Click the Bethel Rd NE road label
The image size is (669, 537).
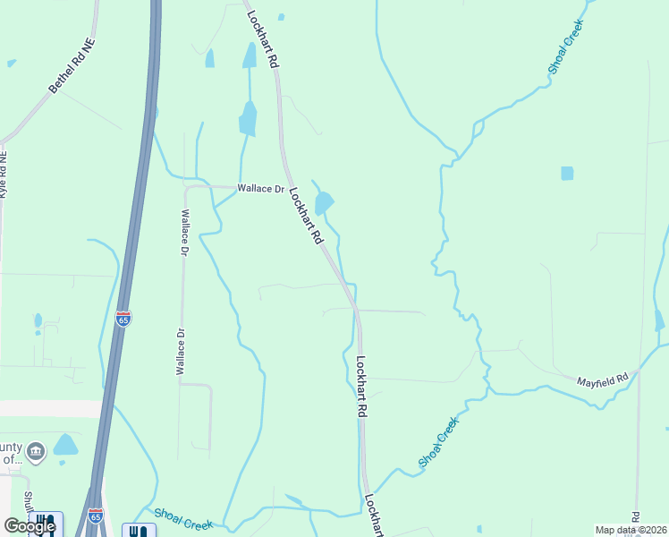pyautogui.click(x=72, y=67)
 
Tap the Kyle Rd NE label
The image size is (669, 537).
pyautogui.click(x=4, y=174)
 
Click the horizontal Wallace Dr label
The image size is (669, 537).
pyautogui.click(x=260, y=189)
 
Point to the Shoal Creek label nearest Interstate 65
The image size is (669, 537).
pyautogui.click(x=182, y=516)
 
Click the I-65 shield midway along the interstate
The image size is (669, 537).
pyautogui.click(x=123, y=319)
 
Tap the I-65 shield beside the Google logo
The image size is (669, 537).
pyautogui.click(x=96, y=516)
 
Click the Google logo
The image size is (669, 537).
pyautogui.click(x=30, y=526)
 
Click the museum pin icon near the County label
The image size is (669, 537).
pyautogui.click(x=36, y=450)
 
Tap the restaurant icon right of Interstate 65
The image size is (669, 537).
pyautogui.click(x=138, y=531)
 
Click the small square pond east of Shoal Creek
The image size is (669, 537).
pyautogui.click(x=567, y=173)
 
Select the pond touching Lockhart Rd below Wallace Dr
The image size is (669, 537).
pyautogui.click(x=323, y=203)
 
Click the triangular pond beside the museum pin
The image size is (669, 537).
pyautogui.click(x=65, y=445)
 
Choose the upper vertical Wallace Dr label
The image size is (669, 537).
pyautogui.click(x=185, y=233)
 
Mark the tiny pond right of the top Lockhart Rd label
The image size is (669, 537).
pyautogui.click(x=281, y=16)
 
